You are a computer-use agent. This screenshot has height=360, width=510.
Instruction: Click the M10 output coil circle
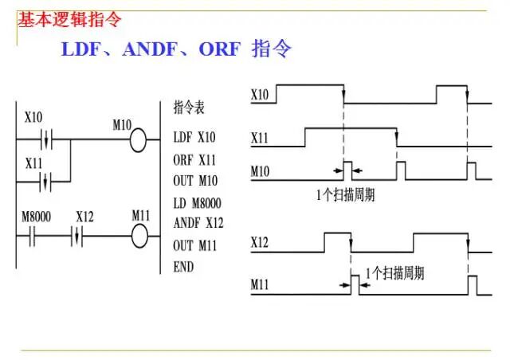pos(139,142)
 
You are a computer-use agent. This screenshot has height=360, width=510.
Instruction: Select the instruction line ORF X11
pos(194,159)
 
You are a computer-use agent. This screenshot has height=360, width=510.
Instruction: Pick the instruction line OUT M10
pos(194,181)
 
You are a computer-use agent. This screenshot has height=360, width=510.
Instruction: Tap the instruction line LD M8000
pos(196,203)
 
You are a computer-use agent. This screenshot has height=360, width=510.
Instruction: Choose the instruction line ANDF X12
pos(197,223)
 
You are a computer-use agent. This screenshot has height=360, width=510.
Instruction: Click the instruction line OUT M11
pos(194,245)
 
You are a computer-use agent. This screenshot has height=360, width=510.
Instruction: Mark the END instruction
pos(183,267)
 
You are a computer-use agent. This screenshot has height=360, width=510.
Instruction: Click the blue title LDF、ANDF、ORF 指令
pos(176,49)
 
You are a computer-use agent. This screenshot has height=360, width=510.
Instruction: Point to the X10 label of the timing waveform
pos(260,95)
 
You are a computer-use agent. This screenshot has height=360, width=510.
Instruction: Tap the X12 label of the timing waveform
pos(260,241)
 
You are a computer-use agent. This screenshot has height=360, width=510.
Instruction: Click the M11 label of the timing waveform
pos(260,284)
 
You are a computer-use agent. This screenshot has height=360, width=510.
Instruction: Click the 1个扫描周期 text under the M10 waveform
pos(345,195)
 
